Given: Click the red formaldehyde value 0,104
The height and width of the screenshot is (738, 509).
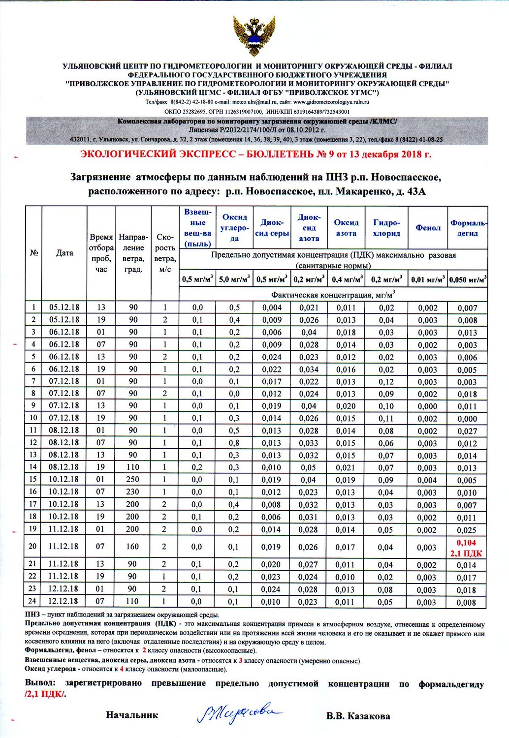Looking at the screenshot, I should click(x=467, y=543).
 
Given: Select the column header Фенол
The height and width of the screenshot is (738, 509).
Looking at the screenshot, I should click(x=428, y=228).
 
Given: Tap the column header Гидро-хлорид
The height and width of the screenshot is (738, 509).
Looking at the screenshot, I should click(x=386, y=228).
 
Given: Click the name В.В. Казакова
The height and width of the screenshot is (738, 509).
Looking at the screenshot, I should click(x=358, y=716).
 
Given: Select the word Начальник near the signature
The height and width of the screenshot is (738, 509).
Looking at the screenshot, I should click(x=132, y=715).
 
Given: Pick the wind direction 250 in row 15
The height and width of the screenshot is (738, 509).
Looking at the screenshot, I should click(x=133, y=479).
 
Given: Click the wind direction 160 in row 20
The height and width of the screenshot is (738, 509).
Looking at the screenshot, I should click(x=133, y=546).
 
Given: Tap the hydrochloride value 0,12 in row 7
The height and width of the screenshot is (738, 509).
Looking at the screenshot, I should click(x=386, y=381).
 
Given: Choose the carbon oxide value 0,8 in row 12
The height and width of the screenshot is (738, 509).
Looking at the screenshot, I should click(x=234, y=443).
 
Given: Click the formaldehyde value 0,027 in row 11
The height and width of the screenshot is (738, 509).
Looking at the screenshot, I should click(x=467, y=431).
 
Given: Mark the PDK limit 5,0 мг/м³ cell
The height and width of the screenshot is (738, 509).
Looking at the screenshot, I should click(x=234, y=279).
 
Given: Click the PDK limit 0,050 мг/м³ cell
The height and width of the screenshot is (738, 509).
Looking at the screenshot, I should click(x=468, y=279).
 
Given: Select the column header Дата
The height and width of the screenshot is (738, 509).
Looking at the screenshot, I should click(x=64, y=253).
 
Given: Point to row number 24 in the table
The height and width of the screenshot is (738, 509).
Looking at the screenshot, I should click(x=33, y=601).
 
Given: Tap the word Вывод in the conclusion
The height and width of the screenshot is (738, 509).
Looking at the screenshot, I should click(x=39, y=683).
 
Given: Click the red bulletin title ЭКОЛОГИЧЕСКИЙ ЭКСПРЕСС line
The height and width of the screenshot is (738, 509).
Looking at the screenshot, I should click(x=255, y=154).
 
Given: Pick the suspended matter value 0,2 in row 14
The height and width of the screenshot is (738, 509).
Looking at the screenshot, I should click(x=197, y=467).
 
